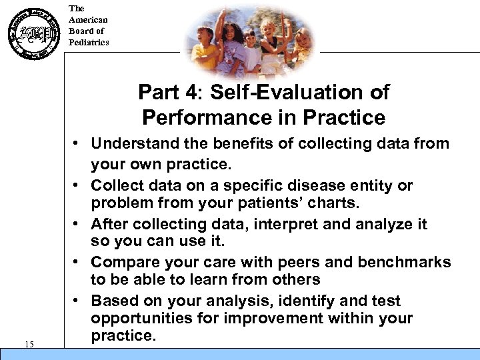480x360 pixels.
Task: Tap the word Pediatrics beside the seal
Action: (89, 43)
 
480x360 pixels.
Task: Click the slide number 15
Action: (29, 344)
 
